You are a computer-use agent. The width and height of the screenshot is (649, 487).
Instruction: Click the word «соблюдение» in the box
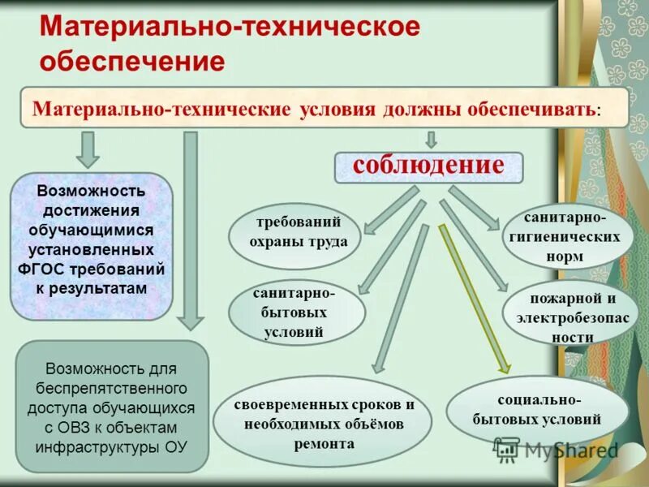coord(428,166)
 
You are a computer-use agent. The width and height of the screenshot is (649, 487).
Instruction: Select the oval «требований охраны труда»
coord(294,232)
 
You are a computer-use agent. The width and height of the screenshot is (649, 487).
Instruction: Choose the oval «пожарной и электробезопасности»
coord(570,317)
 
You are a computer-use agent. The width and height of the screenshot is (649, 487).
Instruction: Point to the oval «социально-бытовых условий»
coord(537,410)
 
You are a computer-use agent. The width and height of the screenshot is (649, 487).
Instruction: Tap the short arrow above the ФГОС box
coord(88,149)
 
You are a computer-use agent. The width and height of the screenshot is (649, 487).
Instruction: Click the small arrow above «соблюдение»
coord(431,139)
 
